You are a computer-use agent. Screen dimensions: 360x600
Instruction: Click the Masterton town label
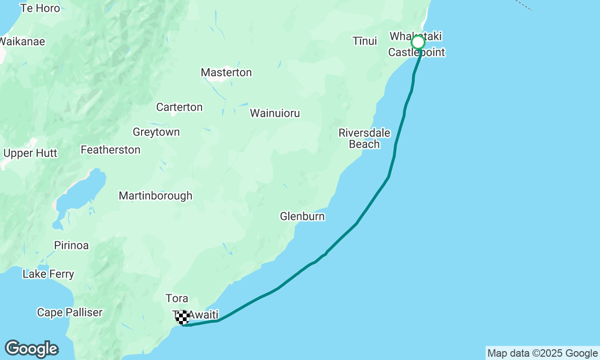click(226, 73)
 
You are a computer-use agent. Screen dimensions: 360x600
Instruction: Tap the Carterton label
click(180, 107)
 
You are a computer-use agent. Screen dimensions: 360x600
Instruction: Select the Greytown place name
click(156, 132)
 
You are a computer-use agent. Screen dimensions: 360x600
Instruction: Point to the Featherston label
click(111, 150)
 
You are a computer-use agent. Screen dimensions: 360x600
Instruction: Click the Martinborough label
click(156, 196)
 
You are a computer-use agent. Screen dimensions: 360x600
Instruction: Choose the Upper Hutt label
click(30, 153)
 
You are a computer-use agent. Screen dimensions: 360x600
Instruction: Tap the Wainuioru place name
click(275, 113)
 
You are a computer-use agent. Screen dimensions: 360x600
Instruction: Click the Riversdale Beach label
click(364, 138)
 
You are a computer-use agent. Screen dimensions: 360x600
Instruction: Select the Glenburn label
click(302, 217)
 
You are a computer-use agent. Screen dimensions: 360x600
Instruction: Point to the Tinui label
click(365, 41)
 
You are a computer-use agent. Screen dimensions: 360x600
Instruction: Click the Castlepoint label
click(416, 52)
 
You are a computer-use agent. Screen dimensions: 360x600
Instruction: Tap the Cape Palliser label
click(70, 313)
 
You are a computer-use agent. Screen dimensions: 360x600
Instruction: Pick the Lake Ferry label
click(48, 274)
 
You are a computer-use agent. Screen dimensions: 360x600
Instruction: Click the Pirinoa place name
click(71, 246)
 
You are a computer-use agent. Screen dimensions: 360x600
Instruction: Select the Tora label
click(177, 299)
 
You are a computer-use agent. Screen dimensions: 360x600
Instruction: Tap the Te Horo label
click(40, 8)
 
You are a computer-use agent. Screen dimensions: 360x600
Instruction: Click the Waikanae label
click(22, 42)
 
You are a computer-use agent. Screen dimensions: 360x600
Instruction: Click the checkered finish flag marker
click(183, 317)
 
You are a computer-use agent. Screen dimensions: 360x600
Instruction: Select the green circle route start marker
click(418, 43)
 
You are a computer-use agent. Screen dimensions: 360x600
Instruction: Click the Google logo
click(31, 349)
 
